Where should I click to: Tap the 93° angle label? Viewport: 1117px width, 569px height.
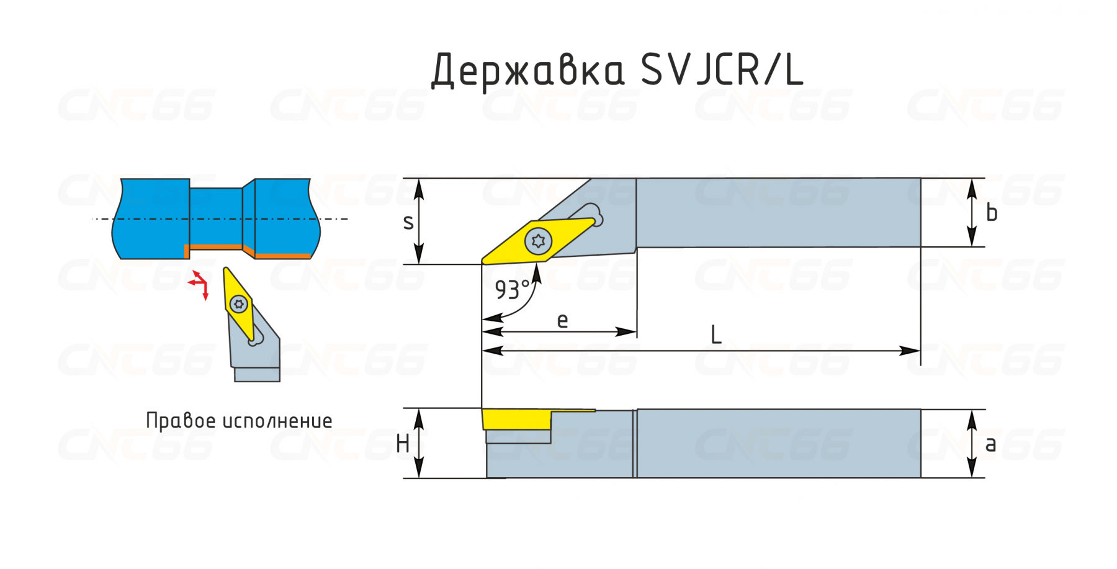pos(512,290)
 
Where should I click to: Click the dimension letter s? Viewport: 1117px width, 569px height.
pos(408,222)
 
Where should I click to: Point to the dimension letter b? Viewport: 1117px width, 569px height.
pos(992,213)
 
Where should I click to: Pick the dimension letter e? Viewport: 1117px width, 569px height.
pos(562,320)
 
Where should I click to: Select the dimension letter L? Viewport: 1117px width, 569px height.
pos(716,335)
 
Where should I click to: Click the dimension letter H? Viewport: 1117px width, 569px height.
pos(402,444)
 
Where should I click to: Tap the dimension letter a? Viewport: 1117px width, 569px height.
pos(990,444)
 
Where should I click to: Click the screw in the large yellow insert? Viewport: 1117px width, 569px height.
pos(538,241)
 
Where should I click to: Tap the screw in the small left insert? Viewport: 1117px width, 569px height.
pos(239,304)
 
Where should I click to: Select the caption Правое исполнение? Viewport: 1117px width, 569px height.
pos(239,421)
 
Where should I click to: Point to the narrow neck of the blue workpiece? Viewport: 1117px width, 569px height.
pos(215,218)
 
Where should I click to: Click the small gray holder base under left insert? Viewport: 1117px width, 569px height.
pos(257,374)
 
